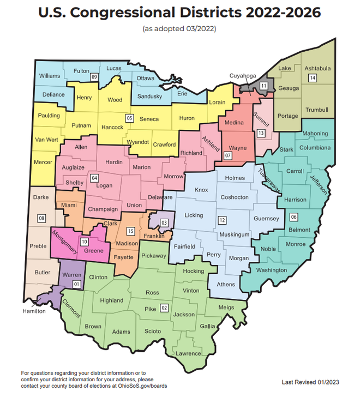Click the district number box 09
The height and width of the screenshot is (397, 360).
pos(94,77)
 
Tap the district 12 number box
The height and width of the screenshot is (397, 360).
pos(222,220)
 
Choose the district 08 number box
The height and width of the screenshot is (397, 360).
pos(41,219)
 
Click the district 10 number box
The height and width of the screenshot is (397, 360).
pos(84,241)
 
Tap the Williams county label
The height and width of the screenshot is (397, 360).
pos(50,76)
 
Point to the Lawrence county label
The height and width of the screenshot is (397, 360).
pos(188,353)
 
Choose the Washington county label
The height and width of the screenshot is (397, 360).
pos(271,270)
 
